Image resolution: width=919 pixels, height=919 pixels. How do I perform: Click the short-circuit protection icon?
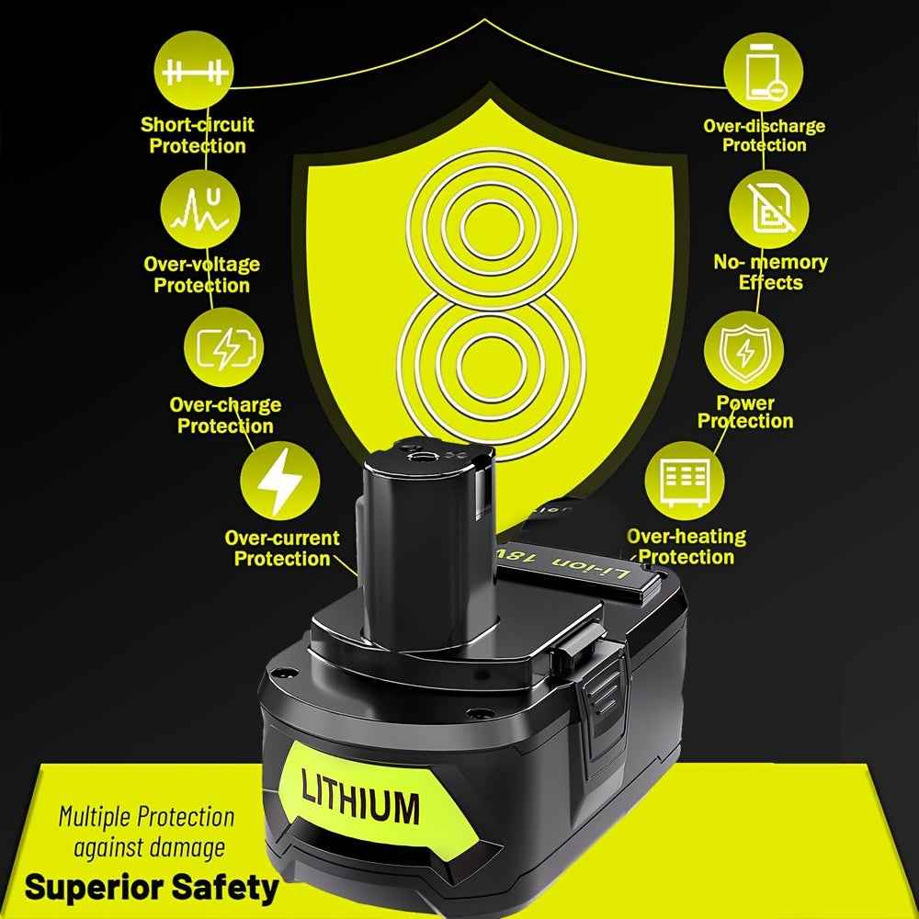(x=194, y=71)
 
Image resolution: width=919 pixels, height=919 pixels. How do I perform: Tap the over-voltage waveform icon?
(x=200, y=210)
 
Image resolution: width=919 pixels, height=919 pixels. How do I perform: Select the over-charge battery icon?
(x=224, y=347)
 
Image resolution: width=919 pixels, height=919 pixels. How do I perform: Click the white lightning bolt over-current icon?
(x=280, y=481)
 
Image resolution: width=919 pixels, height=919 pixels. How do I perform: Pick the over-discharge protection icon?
(x=763, y=72)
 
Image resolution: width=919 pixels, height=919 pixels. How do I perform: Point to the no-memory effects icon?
(x=769, y=210)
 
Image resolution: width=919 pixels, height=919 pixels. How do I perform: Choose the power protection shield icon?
(x=743, y=350)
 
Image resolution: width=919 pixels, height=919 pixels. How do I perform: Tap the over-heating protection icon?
(x=685, y=481)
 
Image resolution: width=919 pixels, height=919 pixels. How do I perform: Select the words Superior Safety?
(x=152, y=888)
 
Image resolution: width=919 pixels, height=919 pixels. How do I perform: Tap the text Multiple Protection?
(x=146, y=816)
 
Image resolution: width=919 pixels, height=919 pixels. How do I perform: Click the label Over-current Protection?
(x=282, y=548)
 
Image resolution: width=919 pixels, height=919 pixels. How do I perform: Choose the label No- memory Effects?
(x=770, y=272)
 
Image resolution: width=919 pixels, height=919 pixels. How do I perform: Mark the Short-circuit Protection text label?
(x=198, y=135)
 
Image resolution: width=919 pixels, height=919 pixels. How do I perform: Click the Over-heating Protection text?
(x=686, y=546)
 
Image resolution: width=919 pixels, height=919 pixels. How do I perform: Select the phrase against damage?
(x=150, y=847)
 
